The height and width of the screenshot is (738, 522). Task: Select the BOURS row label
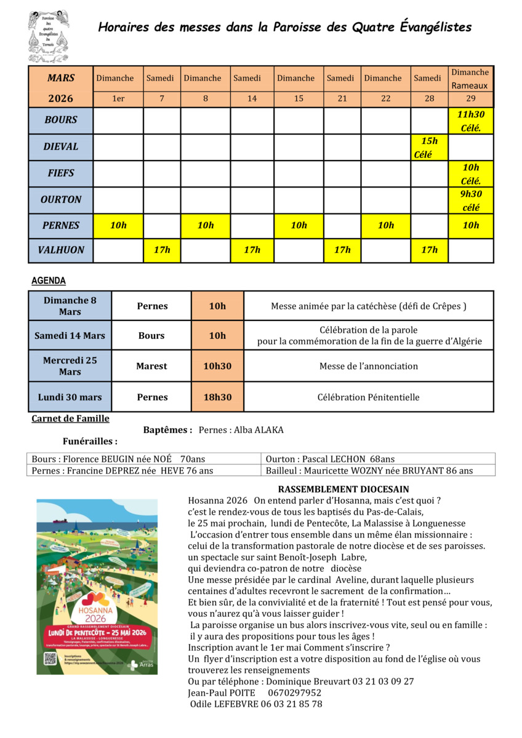[x=60, y=120]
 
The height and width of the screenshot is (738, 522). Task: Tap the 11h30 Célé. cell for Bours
[x=471, y=120]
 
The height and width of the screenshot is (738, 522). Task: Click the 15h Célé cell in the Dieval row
[x=429, y=147]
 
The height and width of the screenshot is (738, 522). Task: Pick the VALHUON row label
[x=60, y=250]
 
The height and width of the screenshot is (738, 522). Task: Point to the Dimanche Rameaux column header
[x=470, y=79]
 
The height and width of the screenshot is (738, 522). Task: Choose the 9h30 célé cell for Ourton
[x=471, y=200]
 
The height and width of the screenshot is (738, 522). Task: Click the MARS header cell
[x=60, y=78]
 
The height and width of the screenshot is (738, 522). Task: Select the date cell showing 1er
[x=118, y=98]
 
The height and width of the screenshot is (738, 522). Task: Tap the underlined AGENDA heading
[x=49, y=280]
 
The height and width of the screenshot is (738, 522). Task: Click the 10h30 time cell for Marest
[x=217, y=366]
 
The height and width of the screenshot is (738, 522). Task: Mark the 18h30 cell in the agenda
[x=217, y=397]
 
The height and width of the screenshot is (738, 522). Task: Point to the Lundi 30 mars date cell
[x=70, y=397]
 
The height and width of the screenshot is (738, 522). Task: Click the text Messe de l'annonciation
[x=368, y=366]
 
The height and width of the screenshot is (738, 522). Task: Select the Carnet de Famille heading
[x=70, y=419]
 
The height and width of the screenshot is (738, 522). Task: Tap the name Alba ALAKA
[x=258, y=430]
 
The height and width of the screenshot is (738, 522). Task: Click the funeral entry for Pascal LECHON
[x=330, y=459]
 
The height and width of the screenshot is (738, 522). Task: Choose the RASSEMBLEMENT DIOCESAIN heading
[x=334, y=489]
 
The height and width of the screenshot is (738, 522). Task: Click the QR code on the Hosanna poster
[x=50, y=658]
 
